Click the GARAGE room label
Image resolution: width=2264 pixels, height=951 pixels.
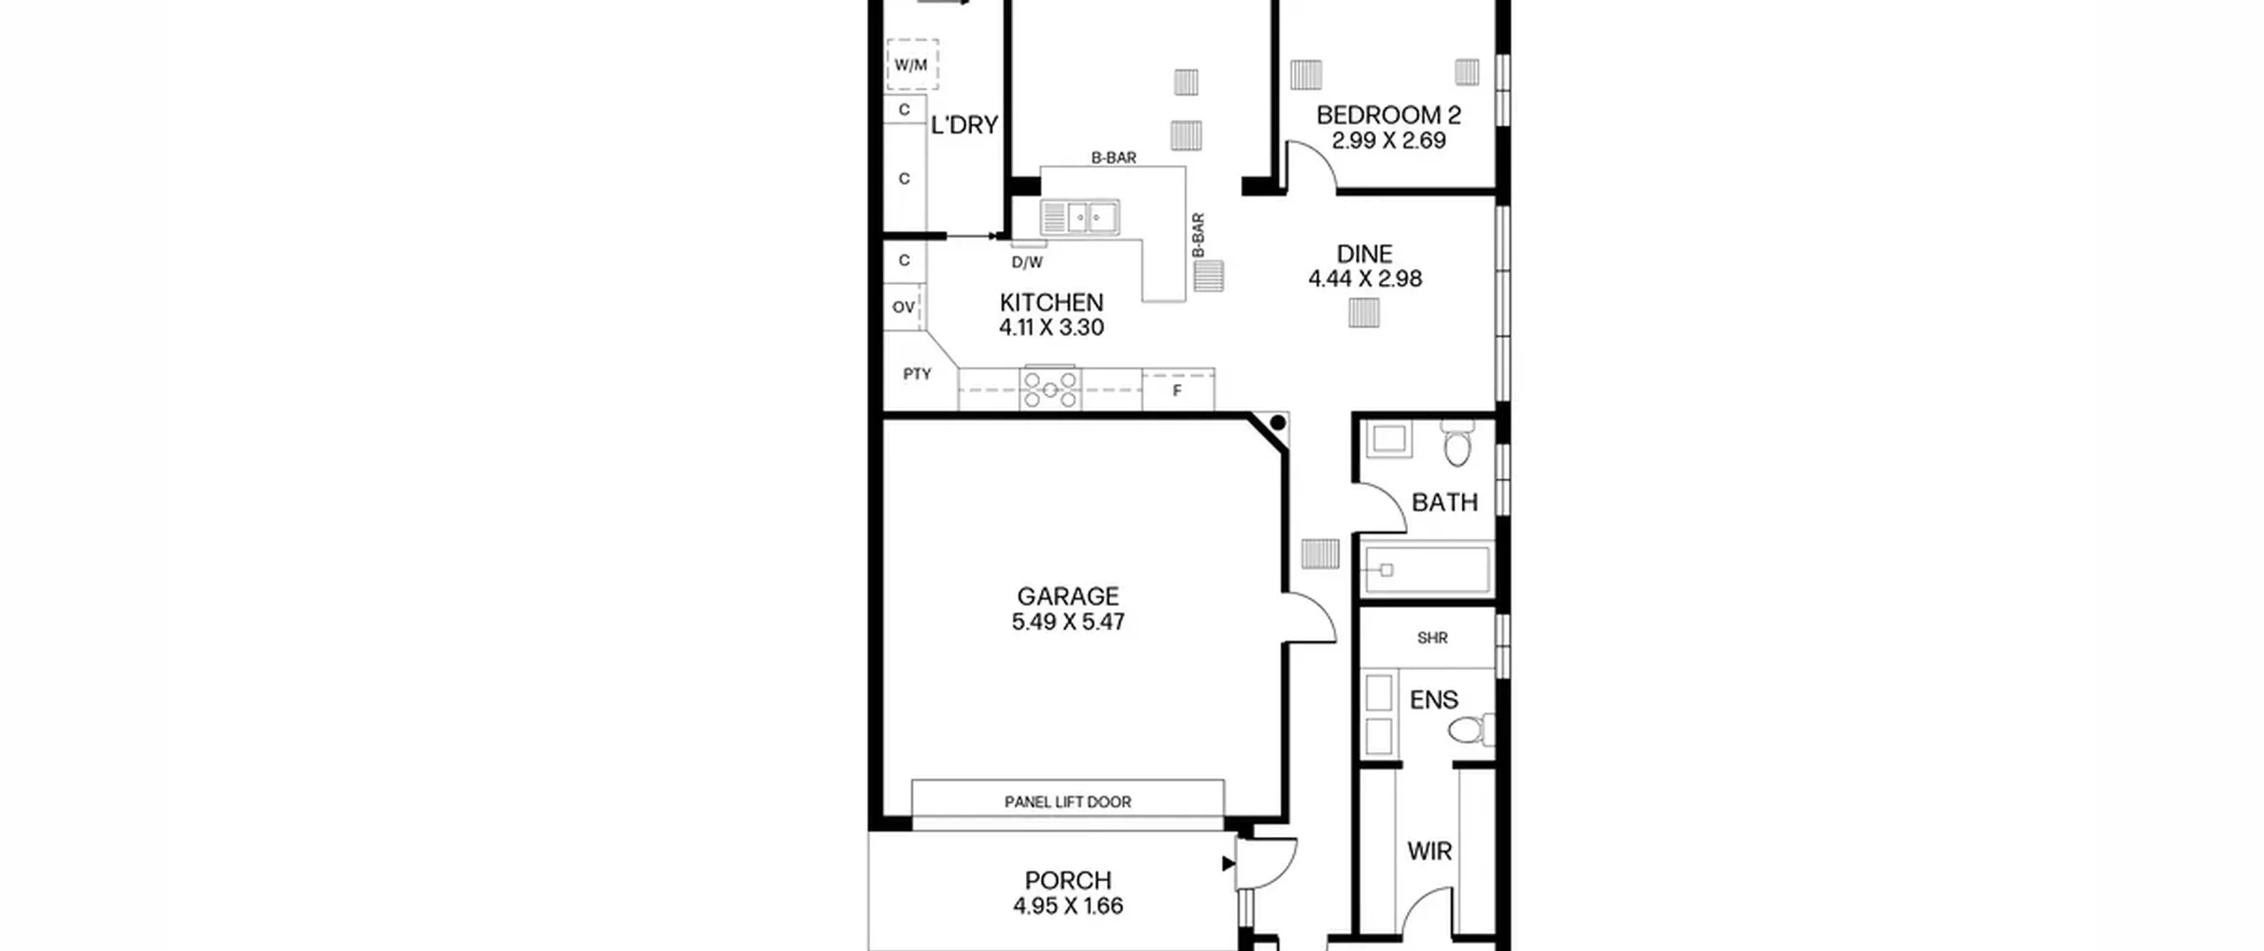[1067, 596]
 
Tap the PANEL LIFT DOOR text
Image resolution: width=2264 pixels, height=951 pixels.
[1067, 802]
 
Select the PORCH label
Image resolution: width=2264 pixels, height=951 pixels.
[1067, 881]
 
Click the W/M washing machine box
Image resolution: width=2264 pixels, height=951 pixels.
[912, 65]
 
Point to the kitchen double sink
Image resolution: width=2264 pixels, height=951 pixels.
[1080, 217]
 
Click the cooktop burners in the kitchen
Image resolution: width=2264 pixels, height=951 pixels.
[1050, 389]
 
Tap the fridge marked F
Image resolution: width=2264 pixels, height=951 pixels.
[1177, 390]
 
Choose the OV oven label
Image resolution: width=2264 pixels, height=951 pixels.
[903, 307]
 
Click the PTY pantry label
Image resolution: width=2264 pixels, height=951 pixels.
[917, 374]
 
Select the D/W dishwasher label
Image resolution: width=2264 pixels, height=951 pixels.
[1027, 263]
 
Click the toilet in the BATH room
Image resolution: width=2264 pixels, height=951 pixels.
[1457, 442]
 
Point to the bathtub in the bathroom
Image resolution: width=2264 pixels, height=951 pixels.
[1426, 570]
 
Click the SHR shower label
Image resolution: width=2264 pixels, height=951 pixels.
[1432, 638]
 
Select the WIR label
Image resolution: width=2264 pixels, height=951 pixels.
[1429, 852]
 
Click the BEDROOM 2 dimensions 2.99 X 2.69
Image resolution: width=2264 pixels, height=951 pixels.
[1388, 141]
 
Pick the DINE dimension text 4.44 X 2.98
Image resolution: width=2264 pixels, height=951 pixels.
[1365, 279]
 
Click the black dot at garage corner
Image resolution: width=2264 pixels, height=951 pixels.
[1277, 424]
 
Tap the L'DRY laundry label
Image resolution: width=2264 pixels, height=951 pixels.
[964, 126]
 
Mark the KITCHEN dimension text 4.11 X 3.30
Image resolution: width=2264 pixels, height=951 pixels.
[1052, 327]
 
